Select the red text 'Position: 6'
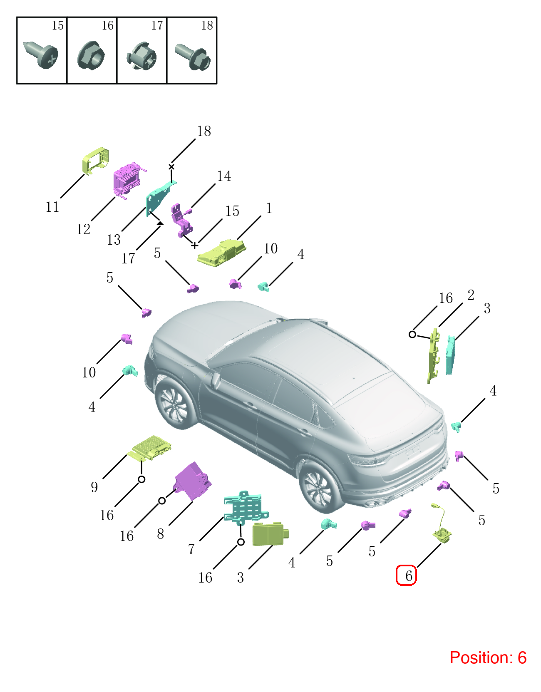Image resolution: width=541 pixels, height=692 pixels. pos(488,657)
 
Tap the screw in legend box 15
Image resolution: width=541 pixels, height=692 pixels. pos(41,55)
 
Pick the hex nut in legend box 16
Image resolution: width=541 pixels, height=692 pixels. pos(91,55)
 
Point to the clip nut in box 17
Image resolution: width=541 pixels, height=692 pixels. pos(141,56)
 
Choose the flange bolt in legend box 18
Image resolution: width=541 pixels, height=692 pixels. pos(193,57)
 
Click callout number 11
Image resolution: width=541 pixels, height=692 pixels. pos(52,207)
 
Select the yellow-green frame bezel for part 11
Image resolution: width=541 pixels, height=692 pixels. pos(95,161)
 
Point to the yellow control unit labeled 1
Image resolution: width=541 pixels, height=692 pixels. pos(222,253)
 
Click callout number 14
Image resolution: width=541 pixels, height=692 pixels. pos(224,176)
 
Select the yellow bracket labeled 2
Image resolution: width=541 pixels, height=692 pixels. pos(434,356)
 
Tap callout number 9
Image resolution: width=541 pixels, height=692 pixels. pos(94,487)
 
